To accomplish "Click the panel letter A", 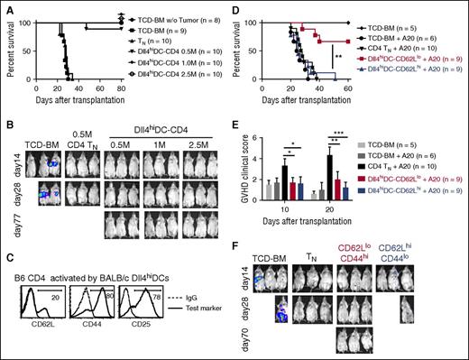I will pyautogui.click(x=5, y=7).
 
